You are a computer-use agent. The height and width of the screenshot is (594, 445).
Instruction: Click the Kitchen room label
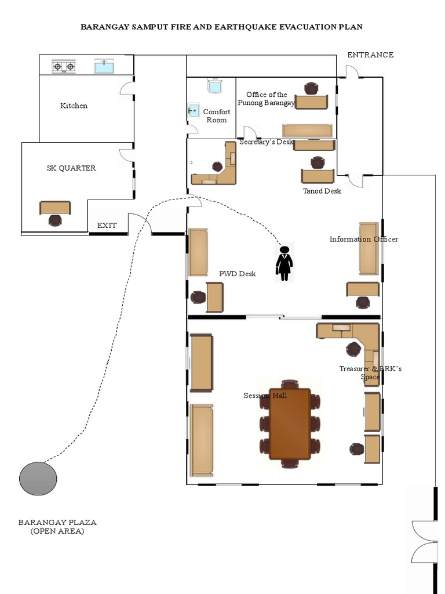[x=74, y=106]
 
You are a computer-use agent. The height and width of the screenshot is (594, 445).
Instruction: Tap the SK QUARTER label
[x=71, y=168]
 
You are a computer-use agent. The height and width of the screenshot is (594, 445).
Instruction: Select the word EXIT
[x=107, y=226]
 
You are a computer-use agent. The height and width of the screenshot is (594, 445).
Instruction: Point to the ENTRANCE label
[x=370, y=55]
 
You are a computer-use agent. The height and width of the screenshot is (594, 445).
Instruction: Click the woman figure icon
[x=284, y=263]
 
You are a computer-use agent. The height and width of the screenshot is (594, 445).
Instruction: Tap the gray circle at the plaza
[x=38, y=479]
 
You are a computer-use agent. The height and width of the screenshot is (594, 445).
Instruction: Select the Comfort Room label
[x=216, y=116]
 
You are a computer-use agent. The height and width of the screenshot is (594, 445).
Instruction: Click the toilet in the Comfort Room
[x=214, y=86]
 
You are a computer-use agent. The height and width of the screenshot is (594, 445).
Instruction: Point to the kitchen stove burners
[x=64, y=67]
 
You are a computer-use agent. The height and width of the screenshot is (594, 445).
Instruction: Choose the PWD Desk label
[x=237, y=274]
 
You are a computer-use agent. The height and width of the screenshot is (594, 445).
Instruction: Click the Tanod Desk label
[x=322, y=191]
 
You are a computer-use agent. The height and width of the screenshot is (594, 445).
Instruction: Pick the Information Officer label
[x=363, y=240]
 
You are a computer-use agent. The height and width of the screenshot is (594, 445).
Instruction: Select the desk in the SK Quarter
[x=55, y=207]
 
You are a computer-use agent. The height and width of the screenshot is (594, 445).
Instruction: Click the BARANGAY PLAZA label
[x=57, y=522]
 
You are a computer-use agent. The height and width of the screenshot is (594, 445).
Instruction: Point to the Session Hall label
[x=265, y=396]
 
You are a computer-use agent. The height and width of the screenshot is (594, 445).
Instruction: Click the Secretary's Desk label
[x=266, y=142]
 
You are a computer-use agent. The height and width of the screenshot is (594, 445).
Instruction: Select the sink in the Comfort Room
[x=193, y=110]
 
